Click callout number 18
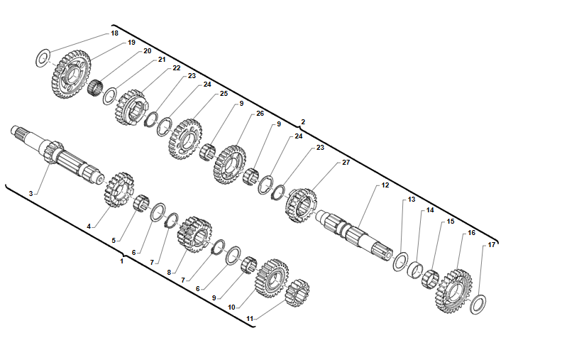pos(115,33)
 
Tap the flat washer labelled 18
pos(43,58)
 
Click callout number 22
pos(176,68)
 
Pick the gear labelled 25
pos(185,138)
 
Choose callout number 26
pos(260,114)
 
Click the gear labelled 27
pos(302,204)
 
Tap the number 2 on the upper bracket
pos(303,122)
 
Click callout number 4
pos(89,226)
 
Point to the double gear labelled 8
pos(194,234)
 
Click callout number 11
pos(249,319)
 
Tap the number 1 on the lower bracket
pos(122,261)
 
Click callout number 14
pos(430,210)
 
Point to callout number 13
pos(412,200)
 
